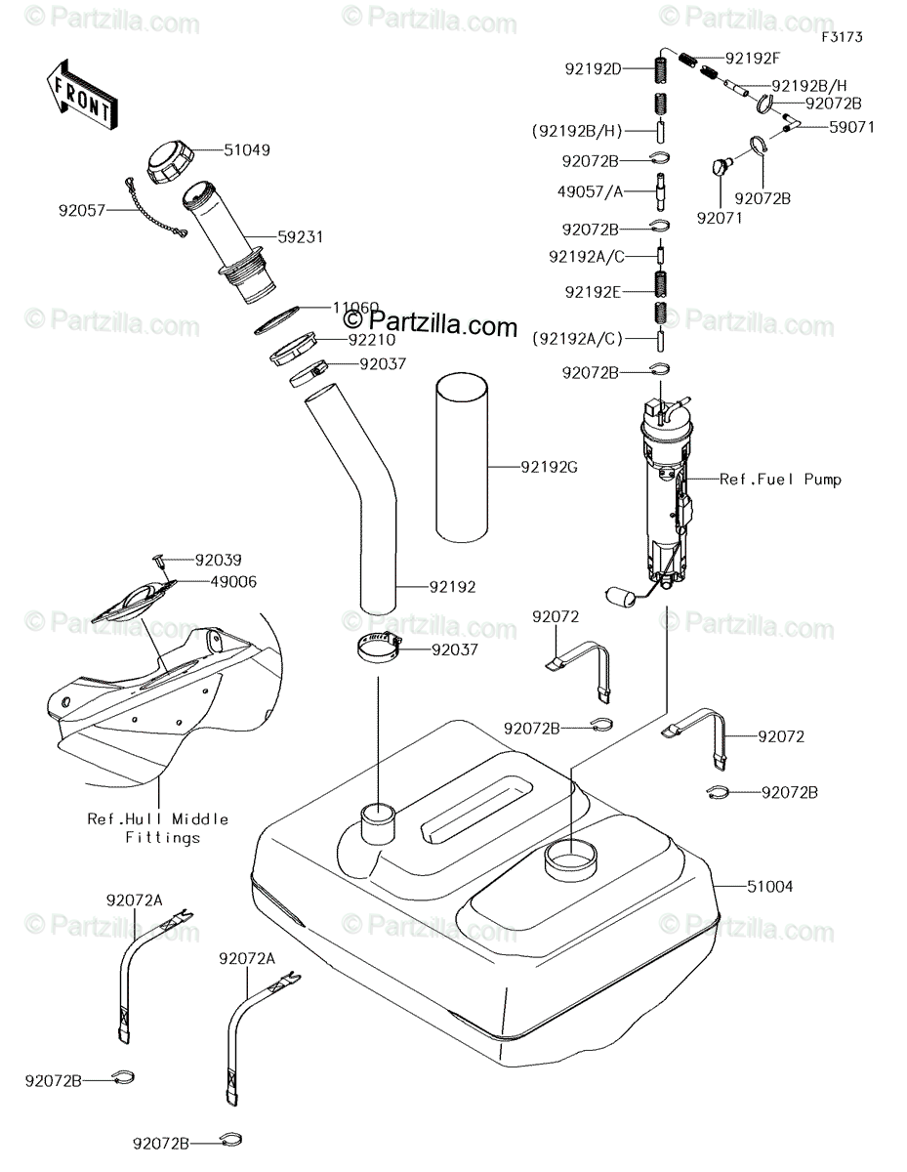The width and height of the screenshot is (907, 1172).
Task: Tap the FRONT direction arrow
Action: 81,96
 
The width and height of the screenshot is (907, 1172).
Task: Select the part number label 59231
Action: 300,237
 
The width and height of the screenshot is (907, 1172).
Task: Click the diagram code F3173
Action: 842,37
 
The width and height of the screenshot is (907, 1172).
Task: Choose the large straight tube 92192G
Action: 462,457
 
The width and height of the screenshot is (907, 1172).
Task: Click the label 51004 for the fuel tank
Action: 769,886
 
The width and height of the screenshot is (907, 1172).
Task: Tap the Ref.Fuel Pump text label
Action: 780,480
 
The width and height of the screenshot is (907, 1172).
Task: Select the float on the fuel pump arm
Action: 619,597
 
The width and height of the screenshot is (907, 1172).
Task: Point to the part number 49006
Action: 233,582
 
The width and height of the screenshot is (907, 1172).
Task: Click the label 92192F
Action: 753,59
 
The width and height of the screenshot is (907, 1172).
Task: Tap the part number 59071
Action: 851,127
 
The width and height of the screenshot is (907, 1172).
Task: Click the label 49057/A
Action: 590,191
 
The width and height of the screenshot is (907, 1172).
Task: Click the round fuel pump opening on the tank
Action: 571,859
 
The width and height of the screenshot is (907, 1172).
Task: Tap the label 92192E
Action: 593,292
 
